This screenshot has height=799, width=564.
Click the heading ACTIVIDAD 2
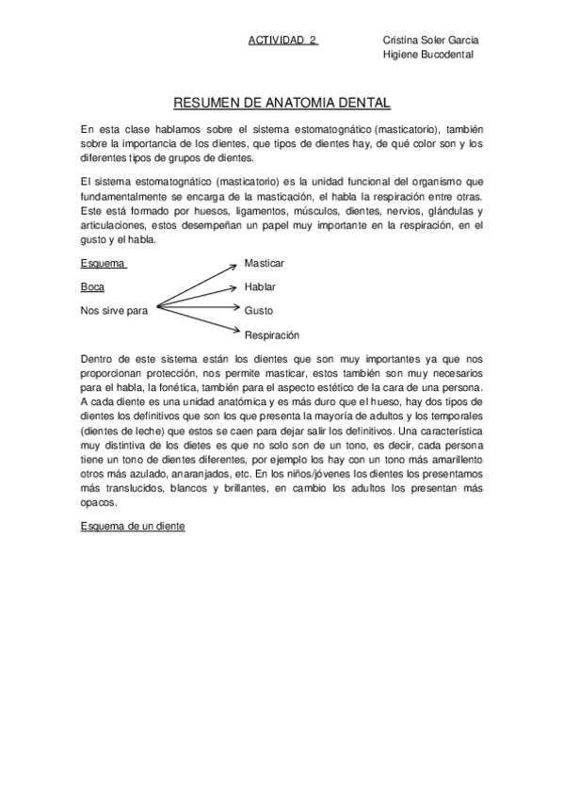pos(282,41)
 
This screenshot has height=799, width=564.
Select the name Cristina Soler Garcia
pos(430,41)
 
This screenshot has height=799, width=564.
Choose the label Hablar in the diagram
pos(260,285)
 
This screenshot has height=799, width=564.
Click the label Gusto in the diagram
pos(258,309)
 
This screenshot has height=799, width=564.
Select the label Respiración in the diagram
pos(271,334)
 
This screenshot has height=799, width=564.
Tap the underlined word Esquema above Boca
pos(103,263)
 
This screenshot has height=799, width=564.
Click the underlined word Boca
pos(92,285)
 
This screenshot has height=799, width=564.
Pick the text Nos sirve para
pos(115,309)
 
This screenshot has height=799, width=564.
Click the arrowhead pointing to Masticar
pos(234,264)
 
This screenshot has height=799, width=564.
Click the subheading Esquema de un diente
pos(133,527)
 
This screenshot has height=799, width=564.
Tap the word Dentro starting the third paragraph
pos(98,358)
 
